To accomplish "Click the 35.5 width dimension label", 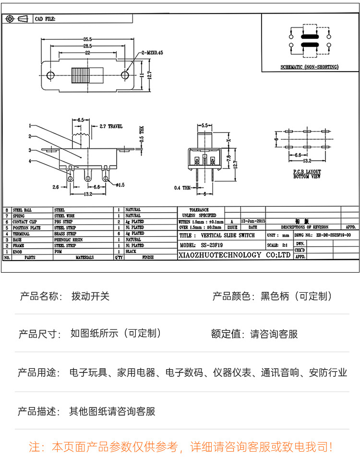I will tap(87, 39).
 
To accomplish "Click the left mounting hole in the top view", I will tap(50, 75).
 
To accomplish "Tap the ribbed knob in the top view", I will tap(80, 75).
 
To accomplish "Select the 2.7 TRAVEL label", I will tap(111, 127).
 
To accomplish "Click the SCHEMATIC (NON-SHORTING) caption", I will tap(310, 67).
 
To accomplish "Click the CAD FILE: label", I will tap(45, 19).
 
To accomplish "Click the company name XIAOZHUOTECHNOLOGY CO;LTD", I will tap(234, 255).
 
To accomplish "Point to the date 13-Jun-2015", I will tap(253, 221).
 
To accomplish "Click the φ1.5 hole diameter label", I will tap(120, 184).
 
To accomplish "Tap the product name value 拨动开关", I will tap(90, 296).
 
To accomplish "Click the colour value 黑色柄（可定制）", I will tap(296, 296).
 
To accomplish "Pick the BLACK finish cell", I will tap(131, 251).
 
